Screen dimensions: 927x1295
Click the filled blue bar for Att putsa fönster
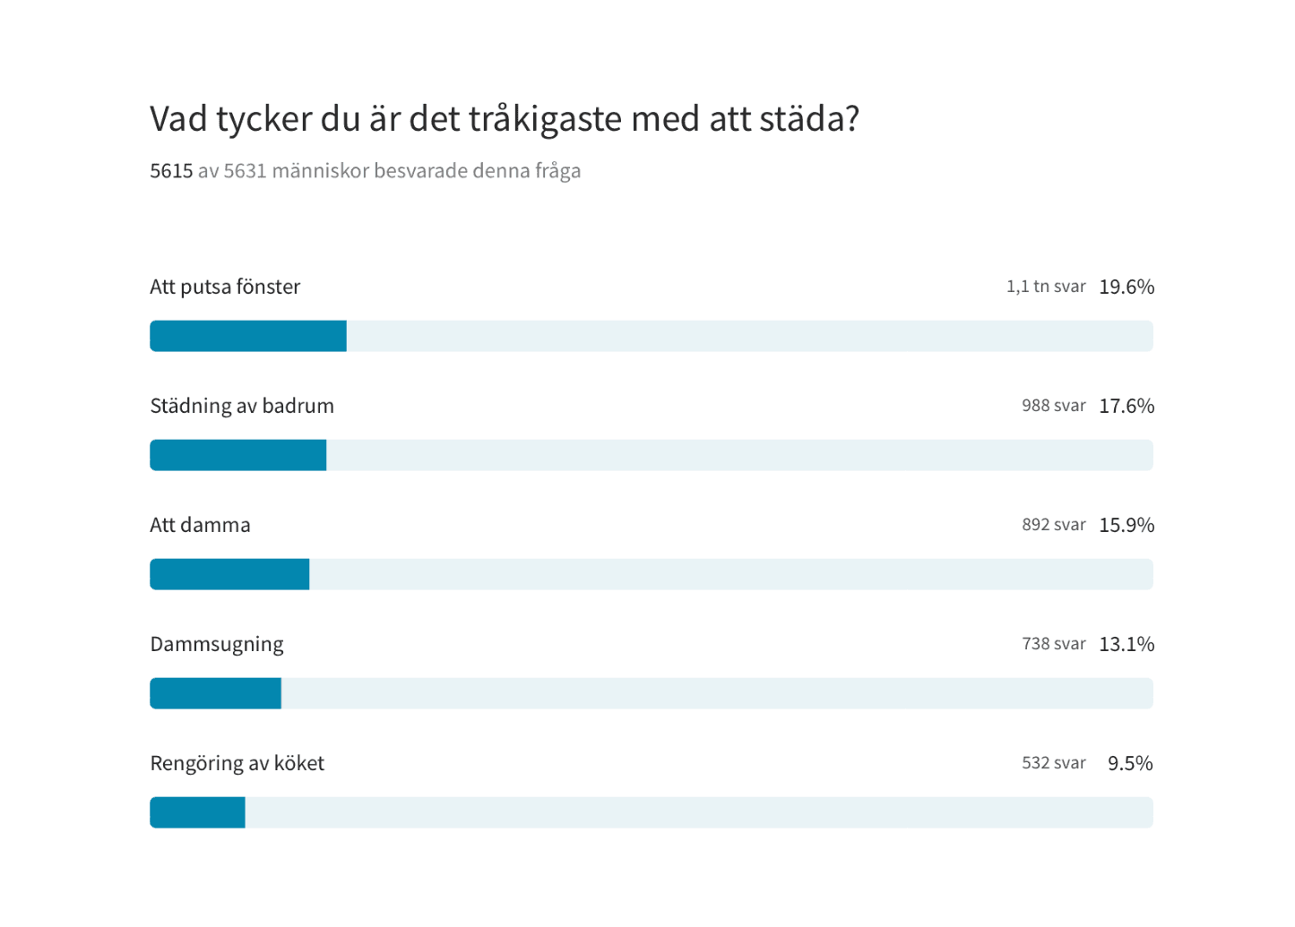[x=248, y=336]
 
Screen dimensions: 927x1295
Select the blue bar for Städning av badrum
[x=238, y=455]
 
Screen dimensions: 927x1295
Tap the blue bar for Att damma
[x=229, y=574]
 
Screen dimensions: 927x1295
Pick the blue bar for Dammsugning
[x=216, y=693]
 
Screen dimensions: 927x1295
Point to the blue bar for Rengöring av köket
[x=197, y=812]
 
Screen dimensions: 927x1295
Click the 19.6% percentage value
[x=1127, y=287]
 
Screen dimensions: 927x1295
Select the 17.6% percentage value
[x=1127, y=406]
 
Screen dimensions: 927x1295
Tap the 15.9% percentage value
[x=1127, y=525]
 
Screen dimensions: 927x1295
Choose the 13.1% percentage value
[x=1127, y=644]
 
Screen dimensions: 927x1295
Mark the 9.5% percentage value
[x=1130, y=763]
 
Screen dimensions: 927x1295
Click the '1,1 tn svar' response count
[x=1046, y=287]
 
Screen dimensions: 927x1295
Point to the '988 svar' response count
[x=1054, y=406]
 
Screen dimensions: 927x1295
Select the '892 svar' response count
[x=1054, y=525]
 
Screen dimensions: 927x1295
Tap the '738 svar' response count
[x=1054, y=644]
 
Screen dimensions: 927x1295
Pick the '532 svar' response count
[x=1054, y=763]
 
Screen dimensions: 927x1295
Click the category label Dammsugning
[x=217, y=644]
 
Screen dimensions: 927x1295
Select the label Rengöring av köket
[x=237, y=763]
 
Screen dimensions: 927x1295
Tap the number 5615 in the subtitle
[x=171, y=171]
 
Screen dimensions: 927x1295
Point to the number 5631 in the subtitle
[x=245, y=171]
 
